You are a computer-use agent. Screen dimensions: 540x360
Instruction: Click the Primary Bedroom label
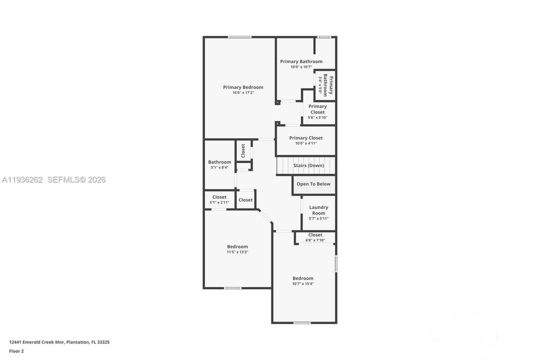(x=243, y=87)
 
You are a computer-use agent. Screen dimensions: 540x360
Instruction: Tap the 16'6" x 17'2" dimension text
(x=243, y=92)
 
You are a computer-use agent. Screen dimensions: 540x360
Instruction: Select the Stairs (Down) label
(x=308, y=165)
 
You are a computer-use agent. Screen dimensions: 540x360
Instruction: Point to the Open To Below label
(x=313, y=184)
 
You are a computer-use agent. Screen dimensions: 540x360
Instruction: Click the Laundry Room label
(x=318, y=210)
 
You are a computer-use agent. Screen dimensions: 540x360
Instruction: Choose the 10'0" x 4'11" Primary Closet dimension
(x=306, y=143)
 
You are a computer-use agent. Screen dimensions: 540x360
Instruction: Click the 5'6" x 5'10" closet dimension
(x=317, y=117)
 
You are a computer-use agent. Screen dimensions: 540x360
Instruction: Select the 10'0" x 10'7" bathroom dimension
(x=301, y=67)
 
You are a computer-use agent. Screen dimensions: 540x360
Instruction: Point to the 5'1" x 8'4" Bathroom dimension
(x=219, y=167)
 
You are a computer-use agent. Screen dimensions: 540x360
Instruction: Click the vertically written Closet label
(x=243, y=151)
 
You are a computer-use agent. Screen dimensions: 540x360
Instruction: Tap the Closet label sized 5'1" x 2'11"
(x=219, y=197)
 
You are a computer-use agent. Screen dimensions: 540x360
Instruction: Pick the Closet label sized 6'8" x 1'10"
(x=315, y=235)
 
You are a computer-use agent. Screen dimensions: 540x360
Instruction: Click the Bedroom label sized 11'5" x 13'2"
(x=237, y=246)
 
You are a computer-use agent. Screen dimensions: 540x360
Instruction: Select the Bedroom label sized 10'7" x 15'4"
(x=303, y=278)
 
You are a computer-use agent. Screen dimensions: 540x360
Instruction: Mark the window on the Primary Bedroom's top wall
(x=239, y=37)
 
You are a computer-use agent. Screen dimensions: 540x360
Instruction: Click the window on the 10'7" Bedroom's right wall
(x=336, y=264)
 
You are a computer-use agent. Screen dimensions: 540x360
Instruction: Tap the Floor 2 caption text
(x=16, y=351)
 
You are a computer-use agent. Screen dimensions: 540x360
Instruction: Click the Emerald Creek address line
(x=59, y=342)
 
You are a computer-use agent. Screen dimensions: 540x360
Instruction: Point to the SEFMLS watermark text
(x=76, y=180)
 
